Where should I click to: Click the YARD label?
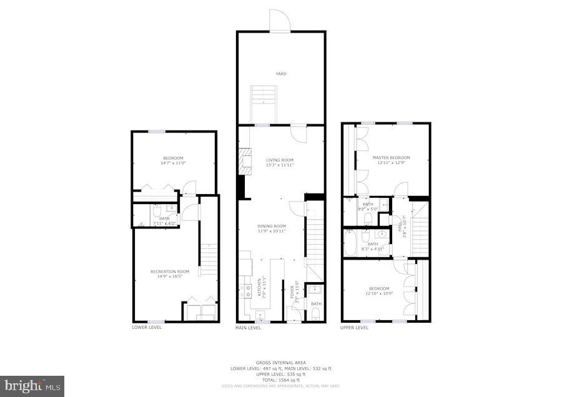click(x=281, y=74)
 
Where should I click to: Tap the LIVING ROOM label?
click(x=280, y=160)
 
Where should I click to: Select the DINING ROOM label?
click(x=272, y=226)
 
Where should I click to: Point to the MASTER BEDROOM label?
click(x=391, y=157)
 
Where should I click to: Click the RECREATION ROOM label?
click(x=169, y=271)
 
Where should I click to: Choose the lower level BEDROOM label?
click(x=173, y=157)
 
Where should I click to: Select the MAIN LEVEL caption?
click(x=248, y=327)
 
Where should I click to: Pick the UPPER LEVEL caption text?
click(x=354, y=327)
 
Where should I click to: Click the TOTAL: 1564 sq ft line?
click(x=280, y=380)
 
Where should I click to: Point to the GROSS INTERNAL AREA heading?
click(x=280, y=363)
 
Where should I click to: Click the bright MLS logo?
click(x=32, y=386)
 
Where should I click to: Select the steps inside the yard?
click(x=264, y=103)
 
